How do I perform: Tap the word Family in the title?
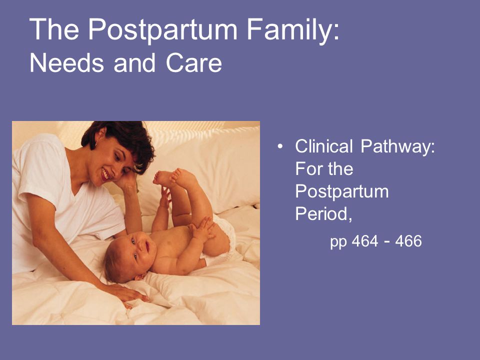coord(293,30)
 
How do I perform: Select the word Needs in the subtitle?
coord(66,63)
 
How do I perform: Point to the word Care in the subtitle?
coord(194,63)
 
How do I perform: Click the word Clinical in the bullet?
coord(324,146)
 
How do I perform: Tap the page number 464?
coord(365,241)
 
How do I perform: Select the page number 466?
coord(408,241)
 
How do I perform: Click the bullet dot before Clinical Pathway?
coord(280,146)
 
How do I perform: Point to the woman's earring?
coord(95,143)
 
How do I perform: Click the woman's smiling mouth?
coord(105,174)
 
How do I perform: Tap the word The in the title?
coord(54,29)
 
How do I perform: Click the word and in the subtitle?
coord(134,63)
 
